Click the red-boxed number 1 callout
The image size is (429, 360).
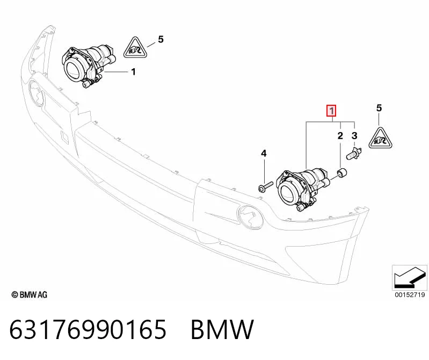click(x=331, y=111)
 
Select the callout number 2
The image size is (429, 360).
click(x=340, y=135)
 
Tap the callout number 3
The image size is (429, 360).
click(x=354, y=135)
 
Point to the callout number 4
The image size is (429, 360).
click(x=264, y=154)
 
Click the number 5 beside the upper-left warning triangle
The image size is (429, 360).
click(x=161, y=39)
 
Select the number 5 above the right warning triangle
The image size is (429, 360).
click(x=379, y=108)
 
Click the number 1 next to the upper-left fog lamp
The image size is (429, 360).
click(x=133, y=71)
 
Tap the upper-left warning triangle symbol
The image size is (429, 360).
click(x=135, y=48)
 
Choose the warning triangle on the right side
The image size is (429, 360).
click(x=380, y=138)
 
